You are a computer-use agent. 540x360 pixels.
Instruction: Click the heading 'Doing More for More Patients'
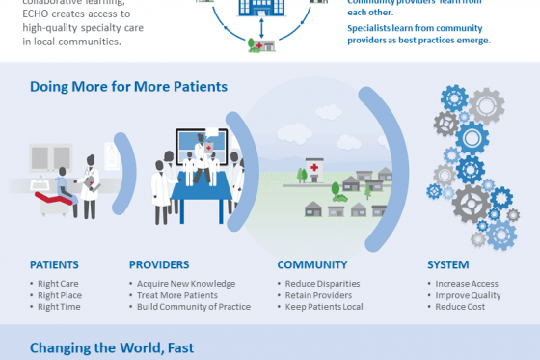pos(128,87)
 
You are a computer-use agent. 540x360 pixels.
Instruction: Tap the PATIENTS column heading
pos(54,264)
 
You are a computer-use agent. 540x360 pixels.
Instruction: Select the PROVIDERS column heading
pos(160,264)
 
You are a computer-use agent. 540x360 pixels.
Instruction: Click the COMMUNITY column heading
pos(311,264)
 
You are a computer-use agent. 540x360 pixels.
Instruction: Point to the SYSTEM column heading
pos(447,264)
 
